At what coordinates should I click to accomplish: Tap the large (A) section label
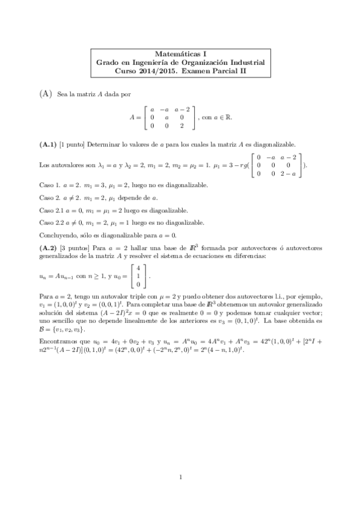coord(46,94)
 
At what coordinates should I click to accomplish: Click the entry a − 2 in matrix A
coord(182,109)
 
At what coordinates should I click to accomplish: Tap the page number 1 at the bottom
coord(180,479)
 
